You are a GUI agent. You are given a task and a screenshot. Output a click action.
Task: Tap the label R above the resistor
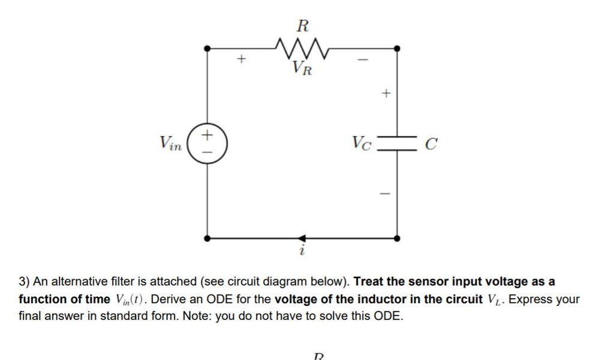coord(303,26)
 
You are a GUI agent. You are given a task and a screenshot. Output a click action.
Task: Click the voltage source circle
coord(207,143)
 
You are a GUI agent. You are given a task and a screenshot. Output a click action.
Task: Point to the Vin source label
coord(170,143)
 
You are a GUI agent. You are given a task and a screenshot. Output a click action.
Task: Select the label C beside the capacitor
coord(431,145)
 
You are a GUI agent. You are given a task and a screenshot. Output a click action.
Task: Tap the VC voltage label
coord(362,144)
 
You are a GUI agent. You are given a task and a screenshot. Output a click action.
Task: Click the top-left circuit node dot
coord(207,48)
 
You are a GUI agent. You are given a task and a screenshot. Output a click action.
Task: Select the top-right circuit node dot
coord(396,48)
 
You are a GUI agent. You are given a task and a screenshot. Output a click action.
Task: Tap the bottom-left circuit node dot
coord(207,238)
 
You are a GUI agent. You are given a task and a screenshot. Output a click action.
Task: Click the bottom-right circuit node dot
coord(396,238)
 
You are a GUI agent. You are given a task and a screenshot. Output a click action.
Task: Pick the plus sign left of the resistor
coord(240,59)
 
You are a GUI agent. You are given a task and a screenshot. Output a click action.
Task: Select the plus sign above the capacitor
coord(386,94)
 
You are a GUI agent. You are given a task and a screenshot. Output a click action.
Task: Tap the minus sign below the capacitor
coord(386,194)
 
